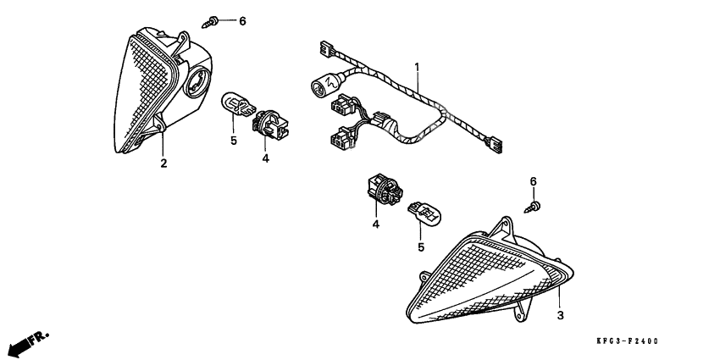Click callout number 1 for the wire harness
417,66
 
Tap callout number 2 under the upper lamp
163,163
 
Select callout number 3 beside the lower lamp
560,315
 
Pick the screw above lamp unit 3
534,203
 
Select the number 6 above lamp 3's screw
534,181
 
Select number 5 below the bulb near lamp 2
233,141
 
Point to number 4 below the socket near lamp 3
375,224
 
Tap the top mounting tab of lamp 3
507,227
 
